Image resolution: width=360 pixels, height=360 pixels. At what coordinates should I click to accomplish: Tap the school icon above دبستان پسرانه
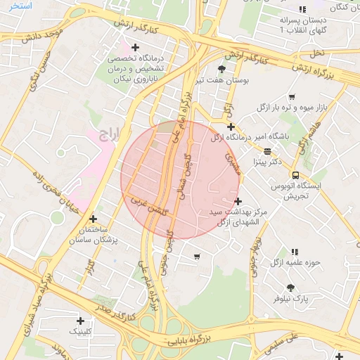point(302,9)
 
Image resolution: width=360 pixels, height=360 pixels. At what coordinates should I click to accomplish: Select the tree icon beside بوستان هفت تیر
point(223,69)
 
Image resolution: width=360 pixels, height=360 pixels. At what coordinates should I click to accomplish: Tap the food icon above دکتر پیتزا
point(268,151)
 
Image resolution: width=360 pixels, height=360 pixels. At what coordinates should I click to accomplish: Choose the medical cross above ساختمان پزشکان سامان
point(93,219)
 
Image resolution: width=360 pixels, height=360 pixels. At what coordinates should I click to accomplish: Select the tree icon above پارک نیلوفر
point(291,287)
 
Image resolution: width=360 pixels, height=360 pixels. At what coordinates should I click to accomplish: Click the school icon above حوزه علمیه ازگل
point(295,251)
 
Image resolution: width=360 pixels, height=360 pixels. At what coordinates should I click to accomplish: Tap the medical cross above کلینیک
point(79,320)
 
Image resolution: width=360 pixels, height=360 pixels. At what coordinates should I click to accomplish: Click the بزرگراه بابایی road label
point(188,340)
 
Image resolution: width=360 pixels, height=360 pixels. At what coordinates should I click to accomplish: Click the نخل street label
point(318,53)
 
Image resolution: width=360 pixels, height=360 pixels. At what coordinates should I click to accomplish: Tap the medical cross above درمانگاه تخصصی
point(145,47)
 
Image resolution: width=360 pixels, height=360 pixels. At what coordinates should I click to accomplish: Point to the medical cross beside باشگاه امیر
point(231,127)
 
